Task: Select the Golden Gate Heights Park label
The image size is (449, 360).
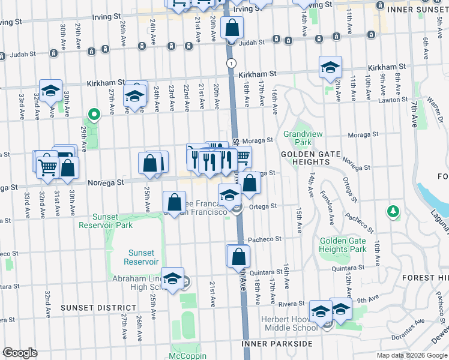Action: tap(342, 245)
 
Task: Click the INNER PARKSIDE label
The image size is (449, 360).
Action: tap(277, 344)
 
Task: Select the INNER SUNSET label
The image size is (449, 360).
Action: tap(418, 10)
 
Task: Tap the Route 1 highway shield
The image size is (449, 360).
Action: tap(231, 62)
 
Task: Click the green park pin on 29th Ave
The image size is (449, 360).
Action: tap(94, 113)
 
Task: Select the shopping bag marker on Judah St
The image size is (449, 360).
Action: tap(231, 28)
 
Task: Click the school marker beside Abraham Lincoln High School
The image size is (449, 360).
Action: tap(172, 279)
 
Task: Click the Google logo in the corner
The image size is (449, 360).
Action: tap(20, 353)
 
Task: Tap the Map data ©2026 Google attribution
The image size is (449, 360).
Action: tap(411, 355)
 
